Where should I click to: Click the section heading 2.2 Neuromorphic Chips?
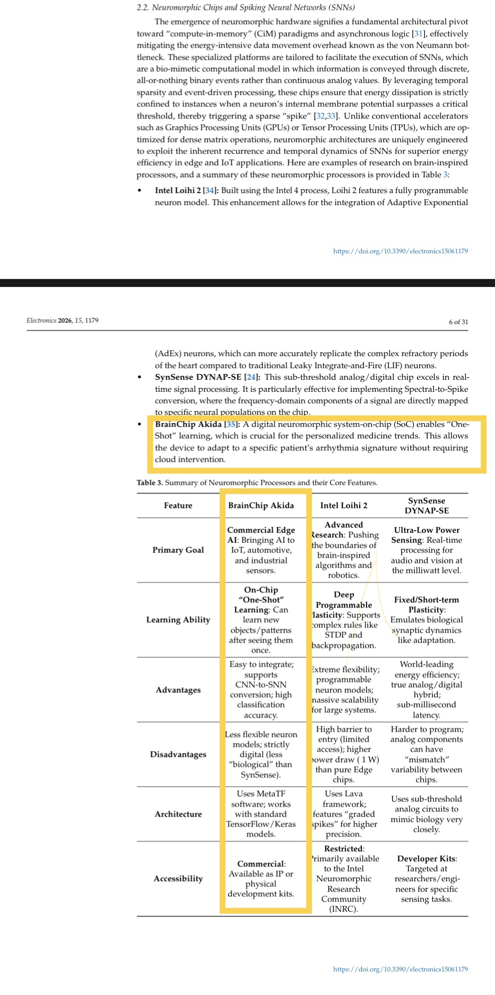point(245,7)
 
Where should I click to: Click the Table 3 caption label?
point(149,483)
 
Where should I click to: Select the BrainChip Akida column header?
point(261,506)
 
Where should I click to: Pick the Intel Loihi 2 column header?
point(343,506)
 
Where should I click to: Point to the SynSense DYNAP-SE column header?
point(426,506)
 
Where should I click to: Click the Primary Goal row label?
point(178,550)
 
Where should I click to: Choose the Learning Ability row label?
point(178,619)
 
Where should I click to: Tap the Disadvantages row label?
point(178,754)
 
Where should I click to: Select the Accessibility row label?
point(178,879)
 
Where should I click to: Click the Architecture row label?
point(178,814)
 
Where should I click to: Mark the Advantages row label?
point(178,690)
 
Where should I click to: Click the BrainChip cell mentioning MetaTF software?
point(261,814)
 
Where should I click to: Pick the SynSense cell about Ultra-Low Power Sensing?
point(426,550)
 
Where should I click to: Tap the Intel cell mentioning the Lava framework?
point(343,814)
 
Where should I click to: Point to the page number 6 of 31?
point(458,322)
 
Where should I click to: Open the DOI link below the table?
point(400,969)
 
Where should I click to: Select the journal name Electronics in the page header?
point(41,320)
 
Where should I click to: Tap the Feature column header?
point(178,506)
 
